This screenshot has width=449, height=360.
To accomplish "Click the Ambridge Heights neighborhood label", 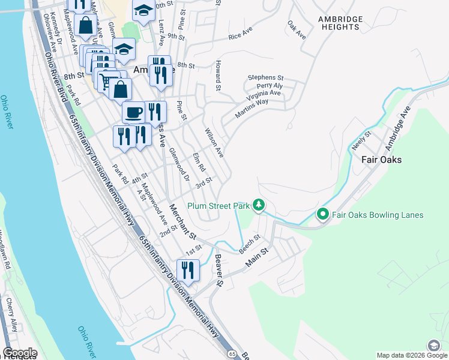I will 340,23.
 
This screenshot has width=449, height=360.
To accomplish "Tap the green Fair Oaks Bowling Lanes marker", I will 322,214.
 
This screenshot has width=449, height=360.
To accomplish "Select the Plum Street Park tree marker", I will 259,205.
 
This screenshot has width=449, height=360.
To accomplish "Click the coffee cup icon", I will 133,112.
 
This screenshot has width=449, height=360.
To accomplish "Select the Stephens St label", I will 265,77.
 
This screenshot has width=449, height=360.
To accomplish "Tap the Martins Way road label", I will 252,106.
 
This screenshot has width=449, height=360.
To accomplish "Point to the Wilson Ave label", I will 214,143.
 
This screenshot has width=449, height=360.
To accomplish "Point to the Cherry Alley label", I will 10,314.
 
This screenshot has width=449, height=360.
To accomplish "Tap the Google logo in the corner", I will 20,353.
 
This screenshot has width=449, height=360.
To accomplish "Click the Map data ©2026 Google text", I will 412,355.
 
